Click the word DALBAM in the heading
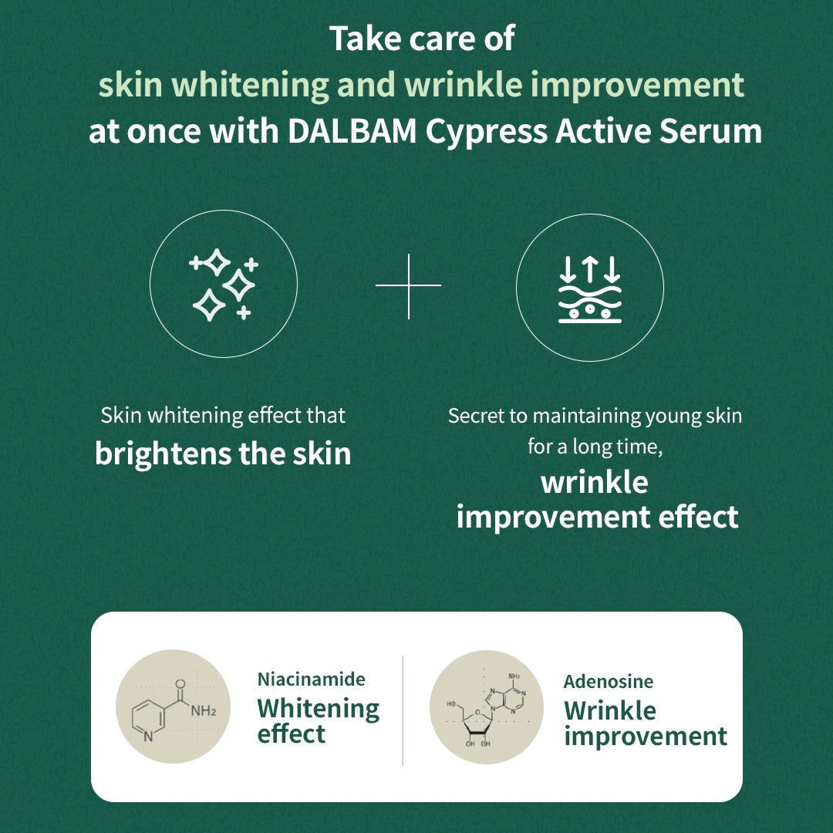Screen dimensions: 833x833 click(352, 130)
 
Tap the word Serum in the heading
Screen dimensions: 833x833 click(710, 130)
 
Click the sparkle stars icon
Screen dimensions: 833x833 click(223, 285)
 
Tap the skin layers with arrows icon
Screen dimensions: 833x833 click(590, 288)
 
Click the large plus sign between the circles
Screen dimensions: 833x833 click(409, 286)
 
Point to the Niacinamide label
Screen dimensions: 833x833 click(312, 679)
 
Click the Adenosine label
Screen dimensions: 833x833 click(609, 681)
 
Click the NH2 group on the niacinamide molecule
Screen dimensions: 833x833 click(204, 710)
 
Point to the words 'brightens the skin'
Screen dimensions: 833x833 click(223, 454)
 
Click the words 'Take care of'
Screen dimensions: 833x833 click(423, 39)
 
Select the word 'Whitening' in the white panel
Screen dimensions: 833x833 click(319, 709)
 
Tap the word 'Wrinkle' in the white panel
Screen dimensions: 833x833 click(610, 710)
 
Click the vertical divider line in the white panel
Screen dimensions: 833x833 click(403, 710)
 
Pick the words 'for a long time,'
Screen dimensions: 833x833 click(595, 447)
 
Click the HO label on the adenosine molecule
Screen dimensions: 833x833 click(451, 704)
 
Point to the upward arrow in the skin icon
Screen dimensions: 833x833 click(590, 269)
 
